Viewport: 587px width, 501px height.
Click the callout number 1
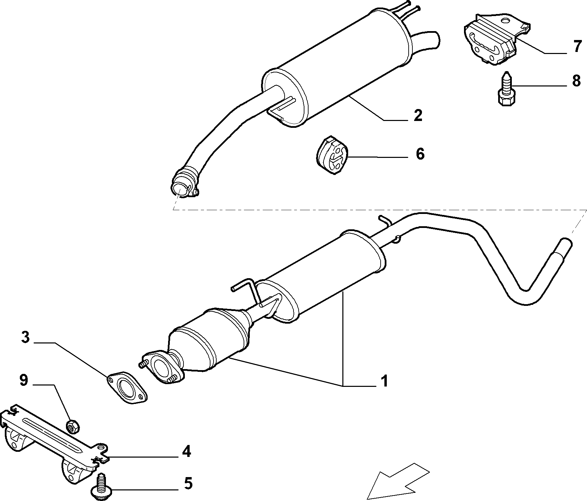[384, 381]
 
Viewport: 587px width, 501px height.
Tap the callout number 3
[25, 337]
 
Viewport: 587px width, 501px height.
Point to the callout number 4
[186, 452]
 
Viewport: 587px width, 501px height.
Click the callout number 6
[420, 154]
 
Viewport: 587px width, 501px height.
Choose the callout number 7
[577, 46]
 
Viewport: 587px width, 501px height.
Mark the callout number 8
[576, 81]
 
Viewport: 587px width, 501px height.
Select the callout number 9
[23, 380]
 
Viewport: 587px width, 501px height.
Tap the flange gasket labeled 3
[127, 388]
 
